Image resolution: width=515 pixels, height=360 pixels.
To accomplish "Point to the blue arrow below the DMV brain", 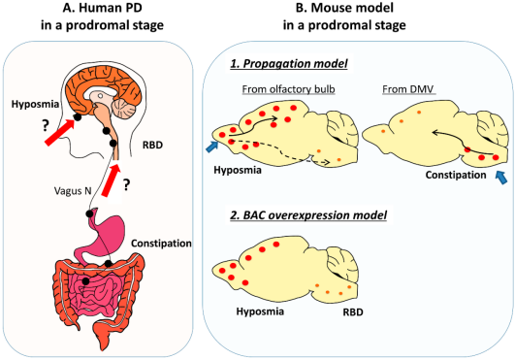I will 500,177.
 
